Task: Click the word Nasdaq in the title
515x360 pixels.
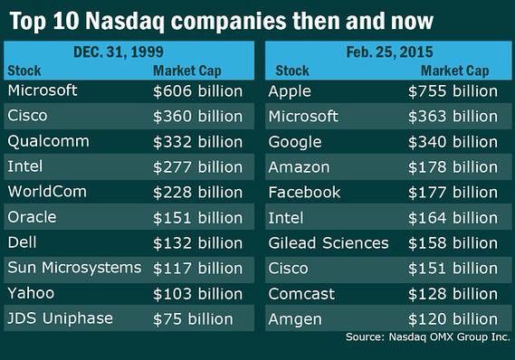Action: pyautogui.click(x=127, y=22)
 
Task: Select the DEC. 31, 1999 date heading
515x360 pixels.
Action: pyautogui.click(x=119, y=52)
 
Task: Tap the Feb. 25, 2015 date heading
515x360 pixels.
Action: pyautogui.click(x=389, y=52)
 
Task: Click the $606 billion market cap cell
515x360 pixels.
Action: pyautogui.click(x=197, y=90)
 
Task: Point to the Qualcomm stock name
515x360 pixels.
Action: pyautogui.click(x=48, y=141)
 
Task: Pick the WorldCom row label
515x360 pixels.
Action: pyautogui.click(x=47, y=192)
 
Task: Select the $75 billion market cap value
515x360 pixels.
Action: pyautogui.click(x=193, y=319)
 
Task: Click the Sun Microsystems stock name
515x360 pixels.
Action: pyautogui.click(x=74, y=268)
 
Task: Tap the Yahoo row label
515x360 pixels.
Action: pyautogui.click(x=31, y=293)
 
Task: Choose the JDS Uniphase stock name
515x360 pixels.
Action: pyautogui.click(x=60, y=318)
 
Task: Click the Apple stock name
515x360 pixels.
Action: pyautogui.click(x=290, y=91)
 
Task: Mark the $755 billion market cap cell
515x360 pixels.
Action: pyautogui.click(x=453, y=90)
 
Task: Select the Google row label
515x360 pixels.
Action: pyautogui.click(x=295, y=142)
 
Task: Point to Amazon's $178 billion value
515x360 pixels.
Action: pyautogui.click(x=453, y=167)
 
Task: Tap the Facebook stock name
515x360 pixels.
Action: pyautogui.click(x=304, y=193)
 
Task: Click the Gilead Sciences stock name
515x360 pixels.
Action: pyautogui.click(x=329, y=242)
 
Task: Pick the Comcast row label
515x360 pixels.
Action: pyautogui.click(x=301, y=294)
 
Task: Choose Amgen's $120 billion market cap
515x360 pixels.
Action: pyautogui.click(x=453, y=319)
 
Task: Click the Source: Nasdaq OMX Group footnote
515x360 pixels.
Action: pyautogui.click(x=427, y=337)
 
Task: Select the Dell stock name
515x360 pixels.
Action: pyautogui.click(x=22, y=242)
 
